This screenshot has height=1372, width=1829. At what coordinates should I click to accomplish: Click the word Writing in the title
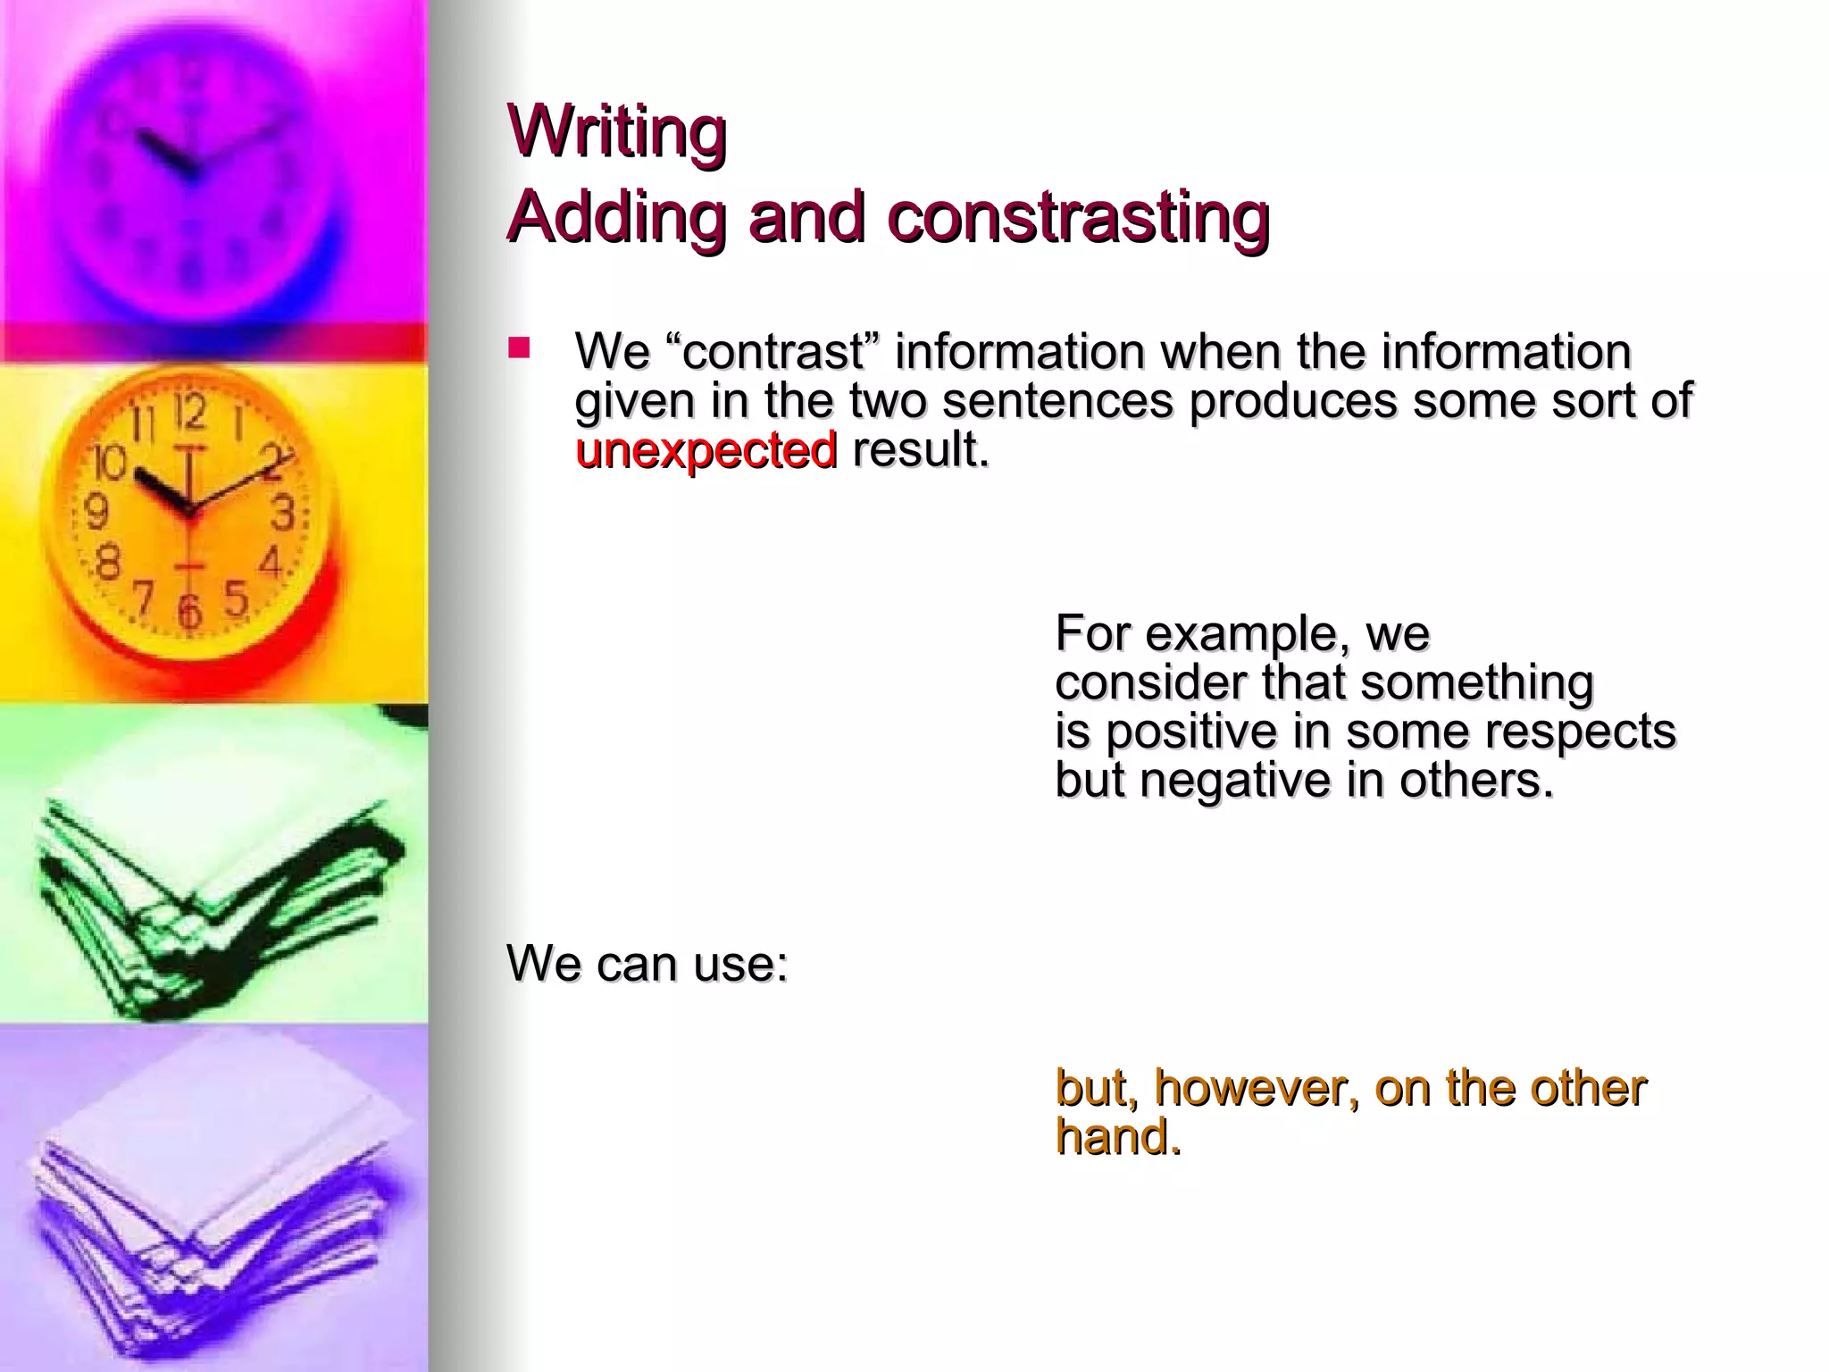617,131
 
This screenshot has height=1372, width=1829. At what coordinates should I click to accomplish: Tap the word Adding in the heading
616,217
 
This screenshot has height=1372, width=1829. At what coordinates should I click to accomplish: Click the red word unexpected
706,449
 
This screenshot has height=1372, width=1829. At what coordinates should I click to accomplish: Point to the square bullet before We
519,347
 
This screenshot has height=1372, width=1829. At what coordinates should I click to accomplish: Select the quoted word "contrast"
773,351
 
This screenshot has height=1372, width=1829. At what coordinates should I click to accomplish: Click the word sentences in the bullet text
1057,400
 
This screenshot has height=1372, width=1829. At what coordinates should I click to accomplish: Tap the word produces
1292,400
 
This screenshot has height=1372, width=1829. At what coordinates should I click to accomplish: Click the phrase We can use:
647,963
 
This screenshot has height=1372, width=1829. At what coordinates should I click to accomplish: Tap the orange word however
1257,1088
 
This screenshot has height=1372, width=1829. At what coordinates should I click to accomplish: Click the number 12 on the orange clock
190,413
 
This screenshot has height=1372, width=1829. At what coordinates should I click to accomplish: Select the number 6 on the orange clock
188,611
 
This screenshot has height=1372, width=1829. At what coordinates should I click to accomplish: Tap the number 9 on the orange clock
96,512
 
